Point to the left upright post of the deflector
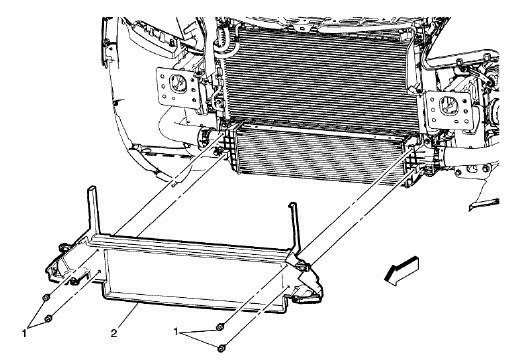[x=94, y=211]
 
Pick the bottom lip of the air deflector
[x=200, y=300]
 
